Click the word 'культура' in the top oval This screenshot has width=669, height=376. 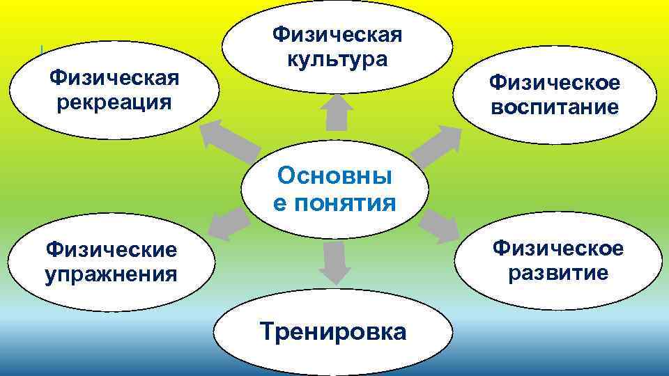coord(337,58)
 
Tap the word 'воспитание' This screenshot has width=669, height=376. coord(554,108)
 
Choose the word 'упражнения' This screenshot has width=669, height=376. coord(111,274)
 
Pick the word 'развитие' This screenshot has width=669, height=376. coord(557,272)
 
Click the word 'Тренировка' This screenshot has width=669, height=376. coord(332,331)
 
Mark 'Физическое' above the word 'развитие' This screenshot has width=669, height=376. coord(557,247)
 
